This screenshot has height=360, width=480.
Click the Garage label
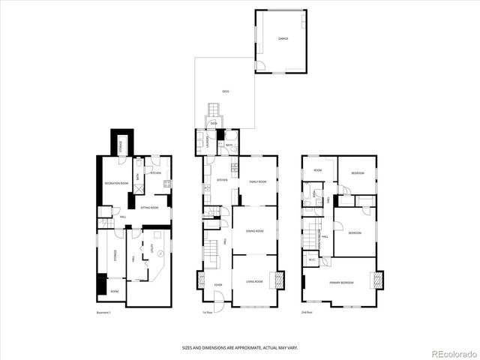[x=283, y=37]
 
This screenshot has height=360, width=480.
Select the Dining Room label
[x=254, y=231]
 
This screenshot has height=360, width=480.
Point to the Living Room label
[x=254, y=281]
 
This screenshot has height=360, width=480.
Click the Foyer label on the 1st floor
[x=218, y=285]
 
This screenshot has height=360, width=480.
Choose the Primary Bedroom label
[x=341, y=282]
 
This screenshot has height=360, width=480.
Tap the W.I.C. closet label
[x=312, y=260]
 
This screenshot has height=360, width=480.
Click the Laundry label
[x=203, y=141]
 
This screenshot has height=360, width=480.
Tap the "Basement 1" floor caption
[x=104, y=312]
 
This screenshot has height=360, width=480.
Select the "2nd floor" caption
[x=306, y=312]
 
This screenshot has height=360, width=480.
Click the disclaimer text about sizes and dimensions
[x=240, y=346]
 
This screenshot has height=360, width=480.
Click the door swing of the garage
[x=259, y=67]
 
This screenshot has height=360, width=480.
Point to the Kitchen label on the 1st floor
[x=222, y=181]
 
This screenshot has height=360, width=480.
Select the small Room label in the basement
[x=114, y=291]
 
